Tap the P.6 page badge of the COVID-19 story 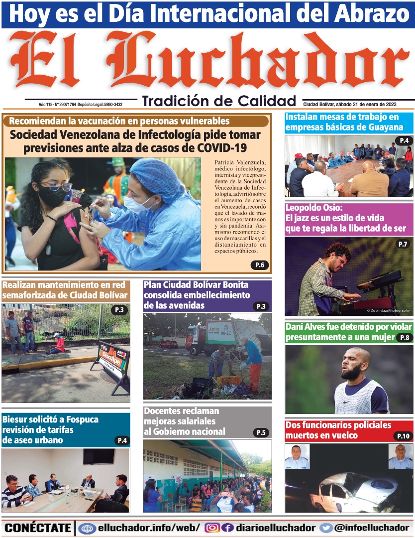pos(259,265)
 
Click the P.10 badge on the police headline pos(403,436)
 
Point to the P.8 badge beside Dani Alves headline pos(405,338)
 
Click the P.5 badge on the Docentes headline pos(261,432)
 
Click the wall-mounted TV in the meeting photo pos(99,456)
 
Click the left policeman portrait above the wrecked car pos(297,457)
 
